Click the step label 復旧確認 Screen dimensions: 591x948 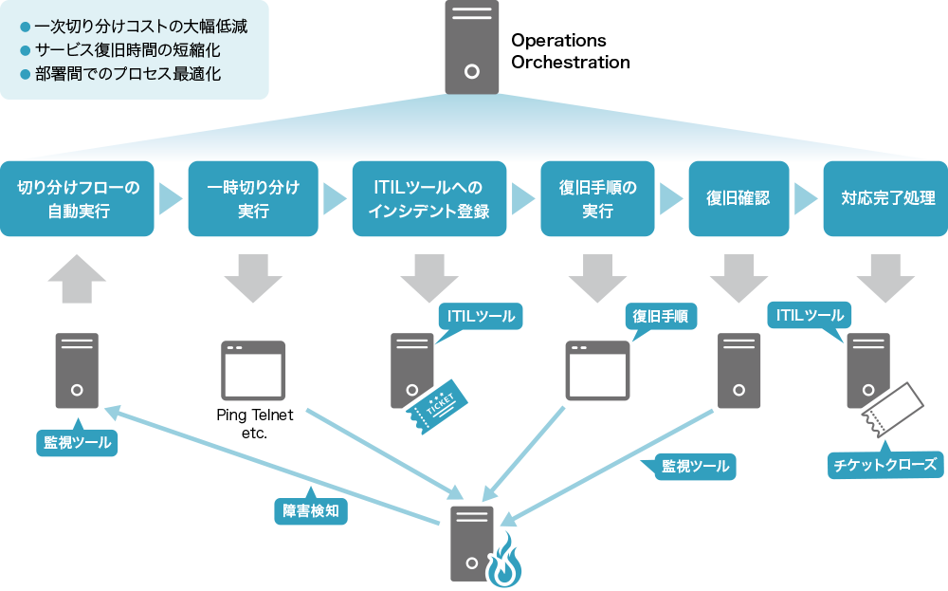click(738, 198)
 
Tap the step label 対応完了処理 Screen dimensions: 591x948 click(888, 198)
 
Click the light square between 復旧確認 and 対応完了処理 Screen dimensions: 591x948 click(809, 198)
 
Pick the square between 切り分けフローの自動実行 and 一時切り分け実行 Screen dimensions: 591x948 click(173, 198)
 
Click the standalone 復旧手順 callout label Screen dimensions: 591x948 click(660, 317)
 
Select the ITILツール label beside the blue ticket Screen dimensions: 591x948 click(481, 316)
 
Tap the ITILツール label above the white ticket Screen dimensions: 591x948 click(810, 315)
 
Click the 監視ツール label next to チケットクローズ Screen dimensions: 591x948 click(695, 466)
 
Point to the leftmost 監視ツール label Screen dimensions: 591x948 click(77, 441)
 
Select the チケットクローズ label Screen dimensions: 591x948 click(884, 465)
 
